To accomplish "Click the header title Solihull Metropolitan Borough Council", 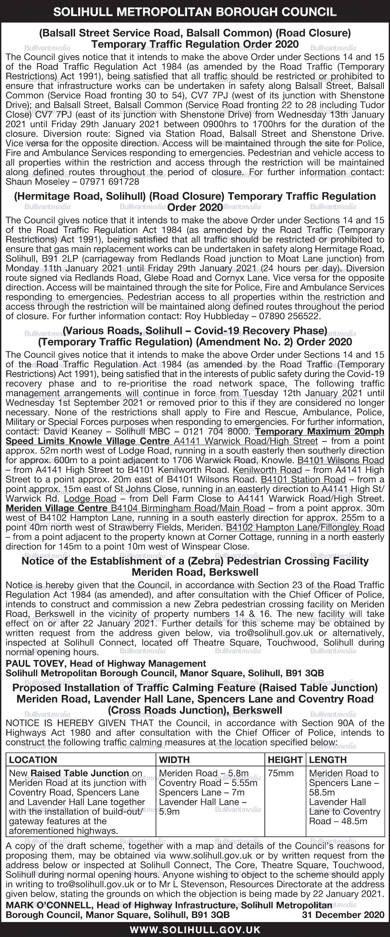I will (x=195, y=12).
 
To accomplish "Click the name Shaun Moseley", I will (x=37, y=181).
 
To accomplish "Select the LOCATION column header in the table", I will (x=33, y=760).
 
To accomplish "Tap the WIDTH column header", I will (x=174, y=760).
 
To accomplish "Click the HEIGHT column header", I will (x=285, y=760).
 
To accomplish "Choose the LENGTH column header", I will (x=328, y=760).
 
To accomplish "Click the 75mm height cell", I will (x=280, y=773).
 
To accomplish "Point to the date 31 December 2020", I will (x=343, y=915).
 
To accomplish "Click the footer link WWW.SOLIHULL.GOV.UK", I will (x=195, y=930).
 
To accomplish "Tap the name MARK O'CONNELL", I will (x=45, y=905).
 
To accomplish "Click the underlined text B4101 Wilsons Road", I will (x=341, y=460).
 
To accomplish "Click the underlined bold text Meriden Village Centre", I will (x=57, y=508).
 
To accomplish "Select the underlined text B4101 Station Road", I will (x=303, y=479).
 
